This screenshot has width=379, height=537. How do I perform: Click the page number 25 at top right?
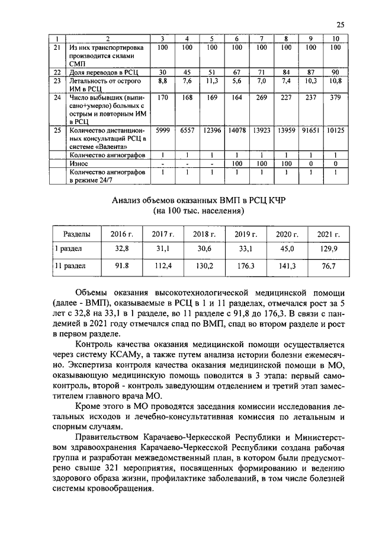(340, 24)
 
